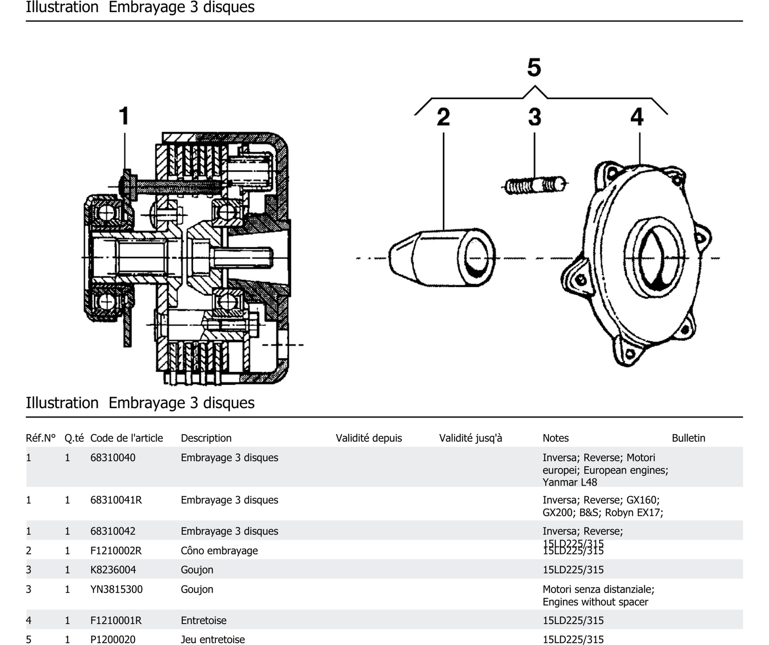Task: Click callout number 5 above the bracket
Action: tap(534, 67)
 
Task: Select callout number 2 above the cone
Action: tap(443, 117)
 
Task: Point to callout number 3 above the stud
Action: tap(535, 117)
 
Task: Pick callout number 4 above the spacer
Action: tap(637, 117)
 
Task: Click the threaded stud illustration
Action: tap(535, 185)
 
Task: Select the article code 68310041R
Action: tap(116, 500)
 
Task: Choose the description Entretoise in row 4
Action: tap(203, 621)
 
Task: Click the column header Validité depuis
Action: tap(368, 438)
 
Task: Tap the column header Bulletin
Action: tap(688, 438)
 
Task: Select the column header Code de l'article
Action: tap(126, 438)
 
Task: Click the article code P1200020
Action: tap(113, 639)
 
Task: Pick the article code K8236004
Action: tap(113, 570)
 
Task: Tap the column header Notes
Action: tap(555, 438)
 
